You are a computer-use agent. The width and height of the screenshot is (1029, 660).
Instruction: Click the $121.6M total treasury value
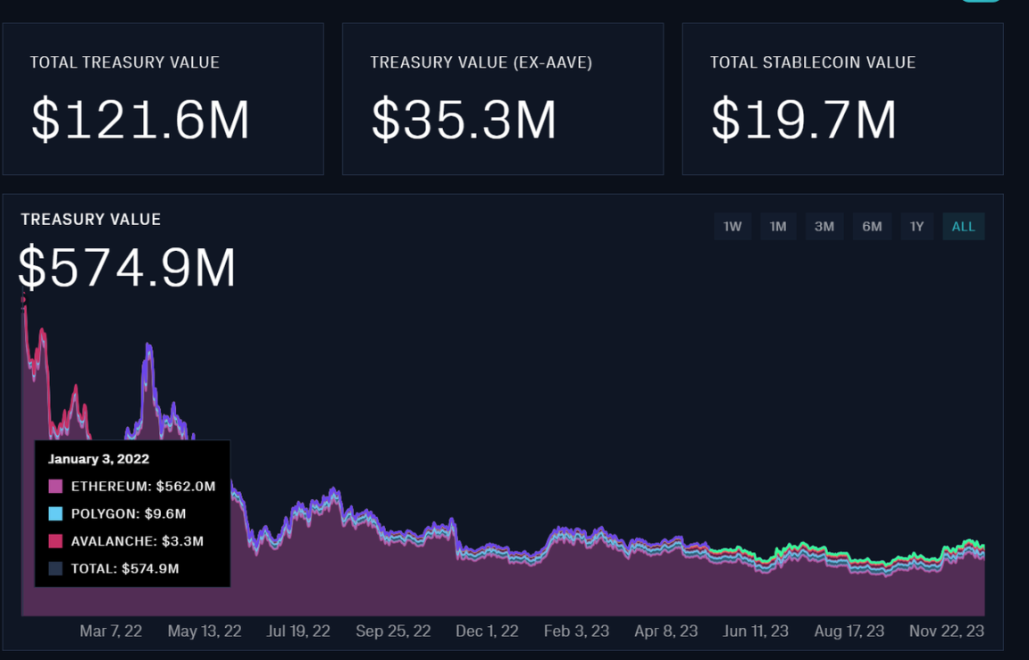140,121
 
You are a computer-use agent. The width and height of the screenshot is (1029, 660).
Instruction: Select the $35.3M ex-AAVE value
464,121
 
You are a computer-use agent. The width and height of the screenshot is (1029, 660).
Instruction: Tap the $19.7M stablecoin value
804,121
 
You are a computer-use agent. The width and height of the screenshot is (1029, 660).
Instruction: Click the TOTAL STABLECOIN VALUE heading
812,63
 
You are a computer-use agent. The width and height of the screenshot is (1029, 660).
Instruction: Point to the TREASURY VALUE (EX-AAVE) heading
481,63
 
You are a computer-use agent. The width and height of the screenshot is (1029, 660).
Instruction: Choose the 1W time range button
732,227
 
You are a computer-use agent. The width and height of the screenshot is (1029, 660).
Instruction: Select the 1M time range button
778,227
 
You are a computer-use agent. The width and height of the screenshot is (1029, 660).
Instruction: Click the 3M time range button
824,227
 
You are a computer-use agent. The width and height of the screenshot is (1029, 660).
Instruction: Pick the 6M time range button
872,227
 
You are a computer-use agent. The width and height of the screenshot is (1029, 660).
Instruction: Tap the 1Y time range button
916,227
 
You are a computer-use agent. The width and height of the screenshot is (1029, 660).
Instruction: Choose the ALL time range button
963,227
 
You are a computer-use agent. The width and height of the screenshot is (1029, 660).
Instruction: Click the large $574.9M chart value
127,268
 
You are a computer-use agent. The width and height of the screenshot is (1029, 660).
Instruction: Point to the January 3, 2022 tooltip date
98,459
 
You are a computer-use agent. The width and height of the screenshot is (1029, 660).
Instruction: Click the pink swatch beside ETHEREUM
55,487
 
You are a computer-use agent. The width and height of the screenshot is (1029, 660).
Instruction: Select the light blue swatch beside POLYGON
55,514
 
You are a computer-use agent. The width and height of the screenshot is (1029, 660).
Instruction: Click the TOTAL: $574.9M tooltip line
125,568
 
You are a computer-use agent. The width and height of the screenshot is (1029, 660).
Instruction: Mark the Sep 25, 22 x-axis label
393,631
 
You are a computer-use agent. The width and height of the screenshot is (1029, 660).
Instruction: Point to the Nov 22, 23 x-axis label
947,631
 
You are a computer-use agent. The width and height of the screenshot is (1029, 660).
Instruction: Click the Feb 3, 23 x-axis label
576,631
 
